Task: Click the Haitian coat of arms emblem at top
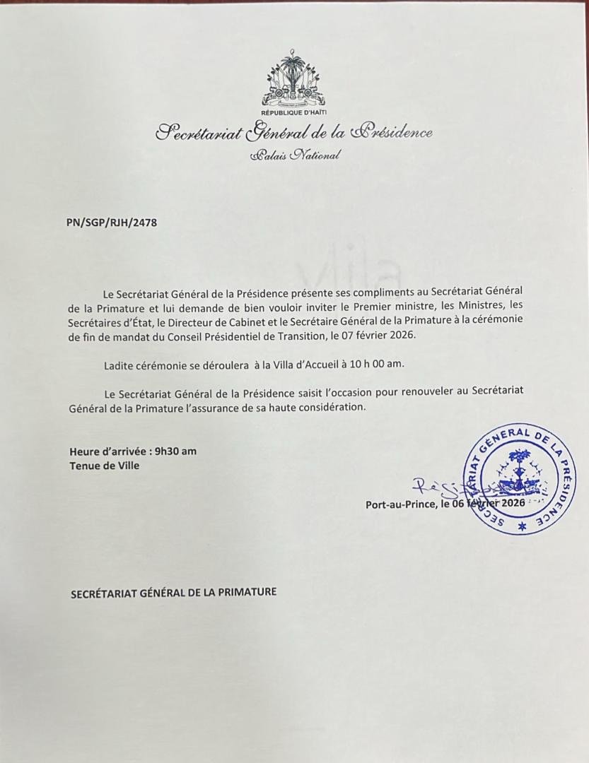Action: click(293, 79)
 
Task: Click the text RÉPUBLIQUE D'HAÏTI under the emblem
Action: click(293, 113)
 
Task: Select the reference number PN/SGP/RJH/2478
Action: click(112, 223)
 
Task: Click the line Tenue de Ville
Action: click(105, 466)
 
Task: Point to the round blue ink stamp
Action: click(518, 478)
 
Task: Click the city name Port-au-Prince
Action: click(400, 504)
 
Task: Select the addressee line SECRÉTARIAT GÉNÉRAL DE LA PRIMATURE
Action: click(173, 593)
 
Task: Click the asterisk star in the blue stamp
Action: click(523, 527)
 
